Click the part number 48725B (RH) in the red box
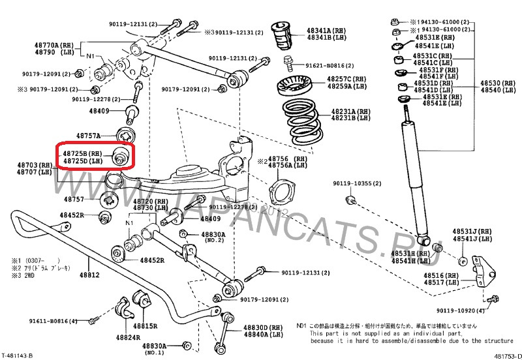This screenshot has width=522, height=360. click(x=82, y=153)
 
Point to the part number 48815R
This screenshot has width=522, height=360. click(x=146, y=325)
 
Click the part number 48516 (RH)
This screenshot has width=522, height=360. click(x=441, y=275)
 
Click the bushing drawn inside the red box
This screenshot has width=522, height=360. click(x=121, y=157)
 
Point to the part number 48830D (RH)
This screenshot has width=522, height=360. click(x=266, y=327)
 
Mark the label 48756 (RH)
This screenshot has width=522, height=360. click(x=291, y=158)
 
